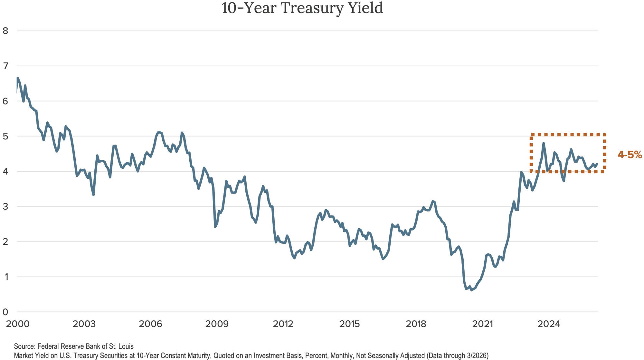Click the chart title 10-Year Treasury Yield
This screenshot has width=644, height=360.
[x=302, y=8]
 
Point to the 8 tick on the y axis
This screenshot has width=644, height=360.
[x=5, y=31]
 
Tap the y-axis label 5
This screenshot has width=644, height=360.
[x=5, y=136]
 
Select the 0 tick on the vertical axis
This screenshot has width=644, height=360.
[x=5, y=312]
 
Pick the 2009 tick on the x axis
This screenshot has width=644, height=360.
[x=217, y=324]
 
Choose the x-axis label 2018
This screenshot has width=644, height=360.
[x=417, y=324]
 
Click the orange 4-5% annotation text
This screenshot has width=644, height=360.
[x=630, y=155]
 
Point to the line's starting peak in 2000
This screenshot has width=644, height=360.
[x=18, y=78]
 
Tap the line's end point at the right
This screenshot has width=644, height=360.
[x=597, y=164]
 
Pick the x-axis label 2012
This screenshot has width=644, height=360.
[x=283, y=324]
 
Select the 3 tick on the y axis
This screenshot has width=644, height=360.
[x=5, y=206]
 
